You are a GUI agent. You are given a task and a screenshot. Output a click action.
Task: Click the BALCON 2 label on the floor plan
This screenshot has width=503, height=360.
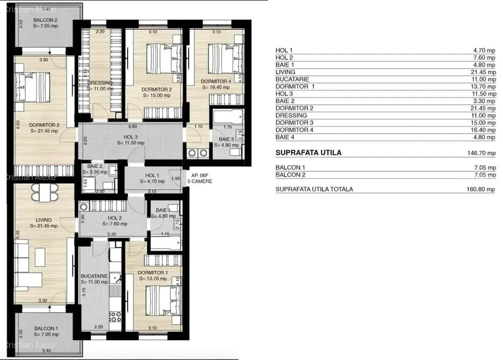[x=45, y=20]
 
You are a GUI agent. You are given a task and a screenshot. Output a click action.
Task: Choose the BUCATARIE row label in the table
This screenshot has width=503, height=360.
[x=292, y=79]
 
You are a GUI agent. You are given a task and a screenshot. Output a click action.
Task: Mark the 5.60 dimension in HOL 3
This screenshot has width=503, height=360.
[x=132, y=126]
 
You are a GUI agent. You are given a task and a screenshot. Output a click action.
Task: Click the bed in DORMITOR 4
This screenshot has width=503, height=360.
[x=223, y=58]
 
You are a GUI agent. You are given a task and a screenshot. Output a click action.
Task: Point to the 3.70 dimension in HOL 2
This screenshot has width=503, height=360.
[x=111, y=235]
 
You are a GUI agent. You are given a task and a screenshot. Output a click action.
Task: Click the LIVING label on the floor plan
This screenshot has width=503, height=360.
[x=44, y=220]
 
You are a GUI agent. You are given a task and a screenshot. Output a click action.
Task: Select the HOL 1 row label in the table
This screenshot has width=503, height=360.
[x=284, y=50]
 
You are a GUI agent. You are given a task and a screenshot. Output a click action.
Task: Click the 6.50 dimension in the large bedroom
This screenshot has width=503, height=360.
[x=18, y=125]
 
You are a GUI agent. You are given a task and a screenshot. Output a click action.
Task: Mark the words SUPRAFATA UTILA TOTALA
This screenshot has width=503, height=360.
[x=314, y=189]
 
